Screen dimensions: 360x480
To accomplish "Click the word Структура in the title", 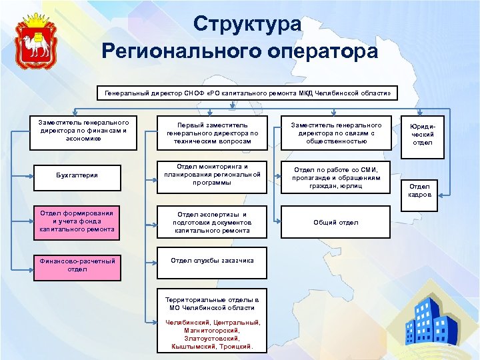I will (248, 25).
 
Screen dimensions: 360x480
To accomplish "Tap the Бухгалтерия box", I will (77, 175).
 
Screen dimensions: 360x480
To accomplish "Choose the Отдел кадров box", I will (420, 190).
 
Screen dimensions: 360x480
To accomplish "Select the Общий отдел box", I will (336, 223).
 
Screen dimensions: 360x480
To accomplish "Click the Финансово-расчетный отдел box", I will (77, 265).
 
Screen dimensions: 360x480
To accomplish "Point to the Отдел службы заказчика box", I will (212, 261).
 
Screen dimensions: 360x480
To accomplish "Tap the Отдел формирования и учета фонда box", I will (77, 221).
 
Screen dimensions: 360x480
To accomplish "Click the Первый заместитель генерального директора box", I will (212, 133).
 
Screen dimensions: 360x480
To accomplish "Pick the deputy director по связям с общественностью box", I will (336, 133).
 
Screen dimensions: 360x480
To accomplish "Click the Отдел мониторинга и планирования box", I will (212, 175).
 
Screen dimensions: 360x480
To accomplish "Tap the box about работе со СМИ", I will (336, 178).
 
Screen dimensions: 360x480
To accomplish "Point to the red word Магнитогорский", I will (212, 330).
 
